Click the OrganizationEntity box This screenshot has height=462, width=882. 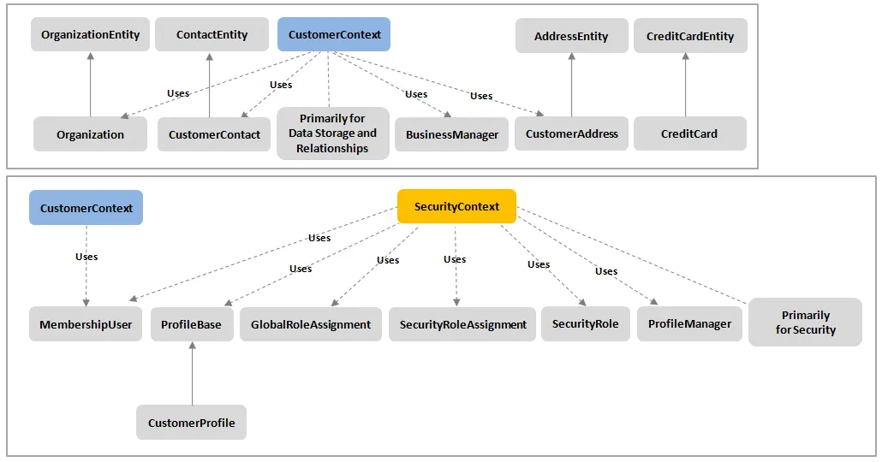tap(90, 34)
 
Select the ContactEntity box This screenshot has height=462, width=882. tap(212, 34)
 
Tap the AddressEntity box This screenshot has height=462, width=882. tap(571, 36)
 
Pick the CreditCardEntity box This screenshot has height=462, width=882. tap(690, 36)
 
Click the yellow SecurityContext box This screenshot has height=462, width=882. tap(456, 206)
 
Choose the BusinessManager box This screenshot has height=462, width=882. tap(451, 134)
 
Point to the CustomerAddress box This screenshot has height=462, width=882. tap(571, 133)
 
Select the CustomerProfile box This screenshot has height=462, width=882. tap(191, 423)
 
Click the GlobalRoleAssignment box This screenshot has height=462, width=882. tap(311, 324)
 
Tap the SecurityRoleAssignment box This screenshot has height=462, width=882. tap(462, 324)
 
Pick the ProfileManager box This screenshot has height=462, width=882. tap(689, 323)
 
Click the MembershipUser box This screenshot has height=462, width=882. tap(86, 324)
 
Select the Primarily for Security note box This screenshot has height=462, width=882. tap(805, 322)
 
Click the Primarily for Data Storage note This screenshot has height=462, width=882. tap(332, 133)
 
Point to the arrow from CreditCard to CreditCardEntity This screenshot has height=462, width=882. tap(685, 85)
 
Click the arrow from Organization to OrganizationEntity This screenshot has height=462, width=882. tap(91, 85)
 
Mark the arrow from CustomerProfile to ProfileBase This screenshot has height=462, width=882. tap(193, 373)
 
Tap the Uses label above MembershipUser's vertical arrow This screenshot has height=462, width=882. tap(86, 257)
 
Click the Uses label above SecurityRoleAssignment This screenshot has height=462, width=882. tap(455, 259)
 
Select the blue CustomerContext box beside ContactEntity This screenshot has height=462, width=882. tap(334, 34)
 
